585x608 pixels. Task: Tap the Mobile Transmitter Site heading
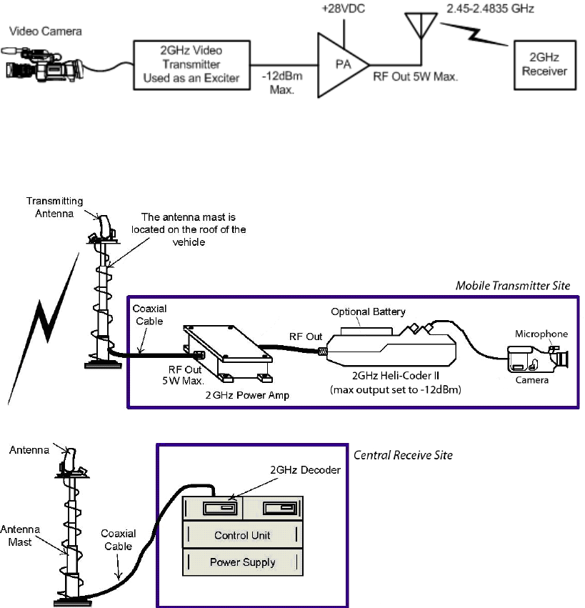(513, 286)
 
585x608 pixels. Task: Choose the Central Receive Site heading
(403, 455)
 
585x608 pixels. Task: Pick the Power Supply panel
(242, 562)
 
